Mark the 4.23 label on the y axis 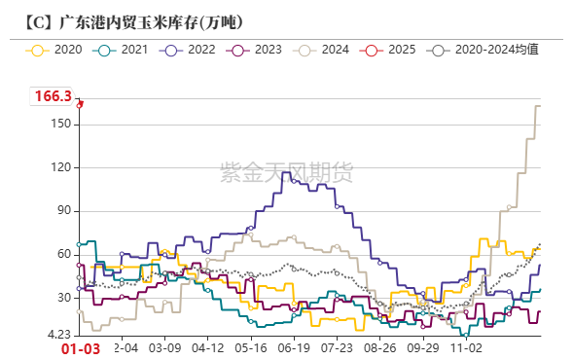(x=58, y=335)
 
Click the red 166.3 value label (x=53, y=96)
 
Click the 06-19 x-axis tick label (x=294, y=347)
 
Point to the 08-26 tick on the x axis (x=379, y=347)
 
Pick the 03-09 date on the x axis (x=164, y=347)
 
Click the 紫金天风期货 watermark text (x=290, y=172)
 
